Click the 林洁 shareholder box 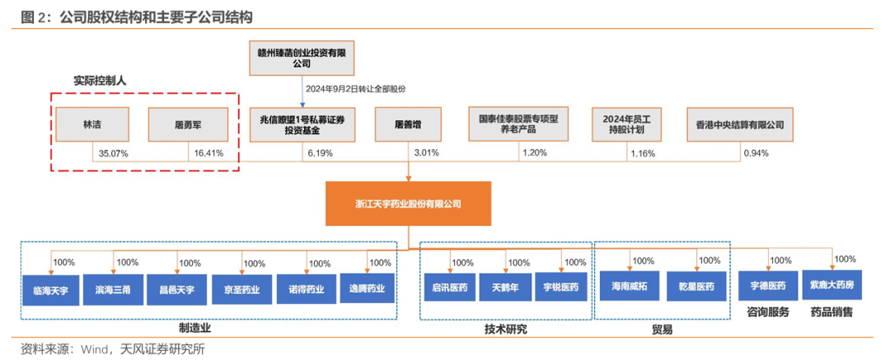pyautogui.click(x=92, y=125)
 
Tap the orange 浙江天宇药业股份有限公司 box pyautogui.click(x=408, y=203)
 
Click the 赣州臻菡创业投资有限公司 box pyautogui.click(x=301, y=57)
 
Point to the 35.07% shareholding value pyautogui.click(x=113, y=153)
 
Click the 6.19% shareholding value pyautogui.click(x=321, y=153)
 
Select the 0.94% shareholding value pyautogui.click(x=756, y=153)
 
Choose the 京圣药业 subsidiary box pyautogui.click(x=242, y=288)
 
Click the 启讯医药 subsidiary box pyautogui.click(x=450, y=288)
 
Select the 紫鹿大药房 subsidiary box pyautogui.click(x=831, y=284)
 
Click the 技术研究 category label pyautogui.click(x=505, y=329)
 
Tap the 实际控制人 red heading pyautogui.click(x=104, y=81)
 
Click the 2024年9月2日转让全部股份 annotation pyautogui.click(x=356, y=88)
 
